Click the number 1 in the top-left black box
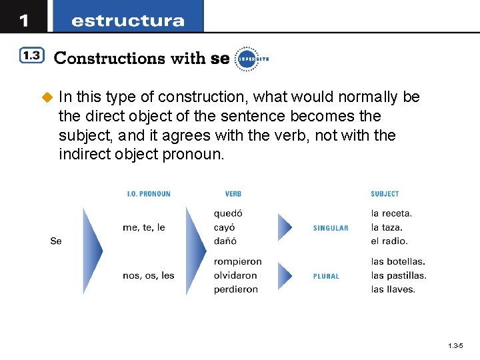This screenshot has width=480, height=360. pos(24,20)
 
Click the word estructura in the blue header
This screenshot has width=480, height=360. pos(127,21)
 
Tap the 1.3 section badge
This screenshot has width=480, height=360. pos(31,57)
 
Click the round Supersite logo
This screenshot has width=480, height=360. pos(247,58)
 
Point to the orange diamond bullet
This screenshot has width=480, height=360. pos(47,97)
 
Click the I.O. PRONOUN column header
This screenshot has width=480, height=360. pos(149,194)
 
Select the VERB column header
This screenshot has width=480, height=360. pos(233,194)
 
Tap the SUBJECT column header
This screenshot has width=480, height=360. pos(385,194)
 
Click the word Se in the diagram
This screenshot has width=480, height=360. pos(56,241)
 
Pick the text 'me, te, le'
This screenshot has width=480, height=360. pos(144,227)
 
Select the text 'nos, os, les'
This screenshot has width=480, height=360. pos(149,275)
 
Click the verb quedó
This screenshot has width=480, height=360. pos(228,214)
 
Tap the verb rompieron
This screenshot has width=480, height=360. pos(237,261)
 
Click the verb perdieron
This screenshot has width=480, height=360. pos(236,289)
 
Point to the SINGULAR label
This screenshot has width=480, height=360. pos(331,228)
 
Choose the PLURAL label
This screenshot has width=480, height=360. pos(326,276)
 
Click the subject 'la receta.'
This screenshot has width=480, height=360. pos(391,213)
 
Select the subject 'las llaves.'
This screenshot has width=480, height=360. pos(393,289)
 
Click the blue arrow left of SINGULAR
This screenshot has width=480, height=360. pos(285,227)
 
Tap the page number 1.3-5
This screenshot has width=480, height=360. pos(456,346)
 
